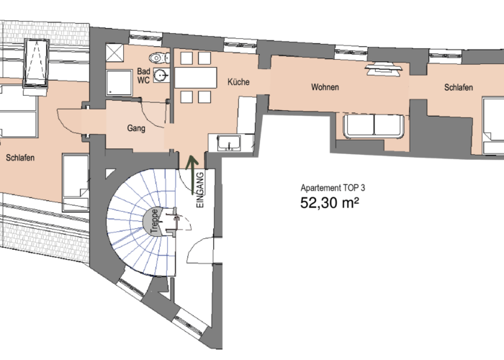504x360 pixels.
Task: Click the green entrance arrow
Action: pos(192,175)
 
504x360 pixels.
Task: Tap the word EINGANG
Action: pos(200,190)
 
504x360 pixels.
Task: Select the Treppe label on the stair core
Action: pos(155,221)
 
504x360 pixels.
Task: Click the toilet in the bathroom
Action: pos(160,58)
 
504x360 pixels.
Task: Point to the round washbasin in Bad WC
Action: pos(161,75)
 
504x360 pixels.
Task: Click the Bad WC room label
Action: pos(143,76)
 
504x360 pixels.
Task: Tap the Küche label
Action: pos(238,82)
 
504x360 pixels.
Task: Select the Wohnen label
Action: pos(325,87)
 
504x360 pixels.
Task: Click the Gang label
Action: pos(136,128)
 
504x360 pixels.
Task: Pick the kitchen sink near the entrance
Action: pos(229,143)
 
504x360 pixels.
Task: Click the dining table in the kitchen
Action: pos(196,78)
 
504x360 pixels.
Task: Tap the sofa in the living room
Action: pos(374,126)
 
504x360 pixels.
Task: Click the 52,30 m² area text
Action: pos(330,203)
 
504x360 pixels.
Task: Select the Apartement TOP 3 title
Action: pos(333,188)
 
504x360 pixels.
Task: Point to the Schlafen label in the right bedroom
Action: pos(459,87)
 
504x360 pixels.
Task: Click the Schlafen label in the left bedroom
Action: pos(20,158)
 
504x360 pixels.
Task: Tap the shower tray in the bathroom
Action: pos(119,83)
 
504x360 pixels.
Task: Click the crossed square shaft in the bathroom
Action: pos(114,53)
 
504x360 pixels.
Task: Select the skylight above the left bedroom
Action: pos(36,63)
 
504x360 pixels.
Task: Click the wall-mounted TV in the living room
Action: pos(384,68)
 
